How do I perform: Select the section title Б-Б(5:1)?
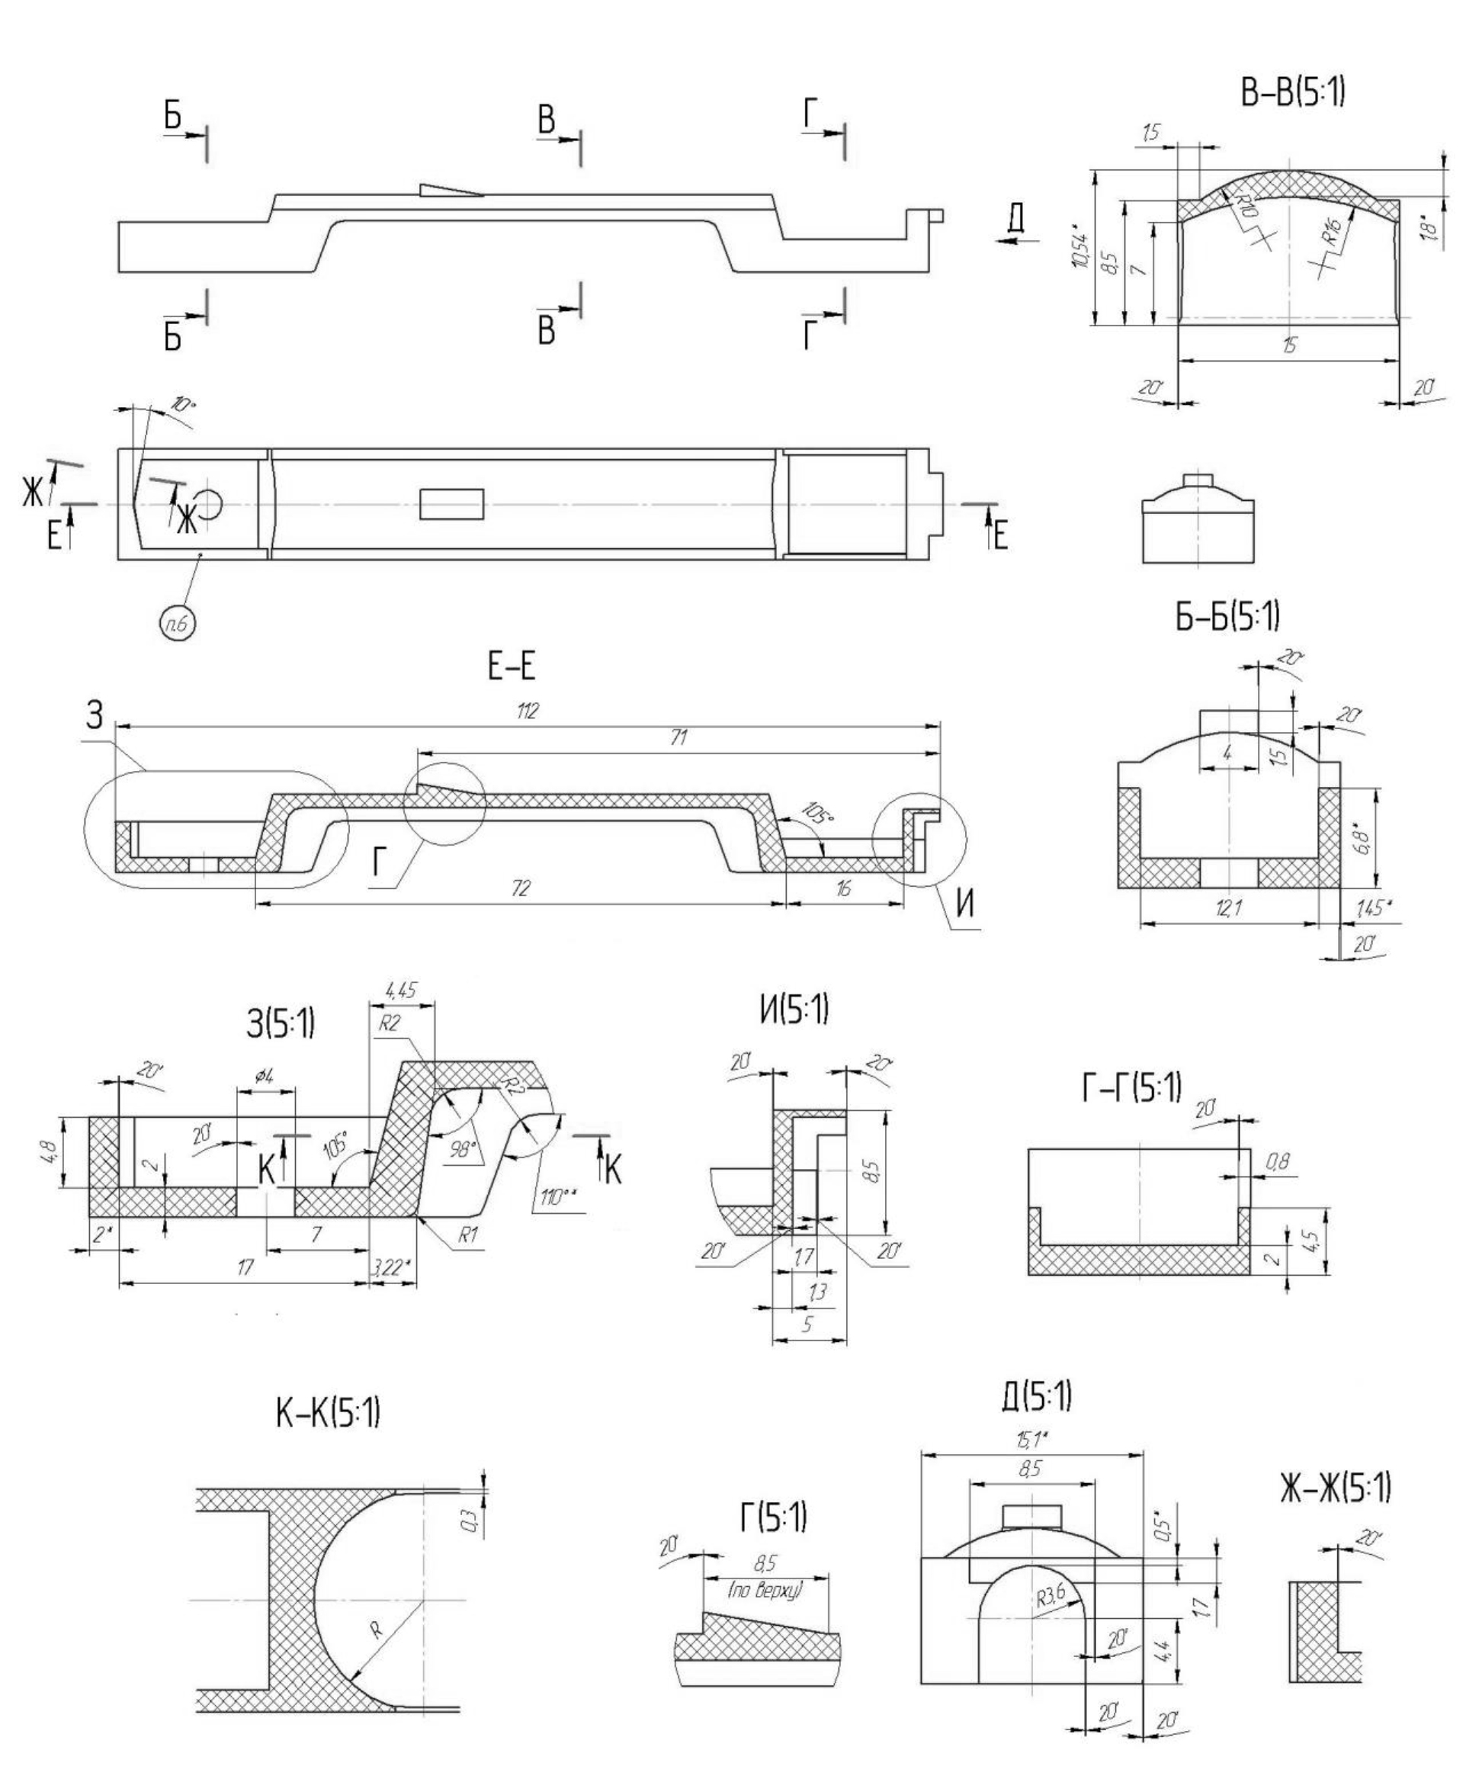coord(1227,618)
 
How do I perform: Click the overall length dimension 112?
coord(528,711)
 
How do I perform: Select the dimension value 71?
coord(678,738)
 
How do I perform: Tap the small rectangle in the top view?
coord(452,504)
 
